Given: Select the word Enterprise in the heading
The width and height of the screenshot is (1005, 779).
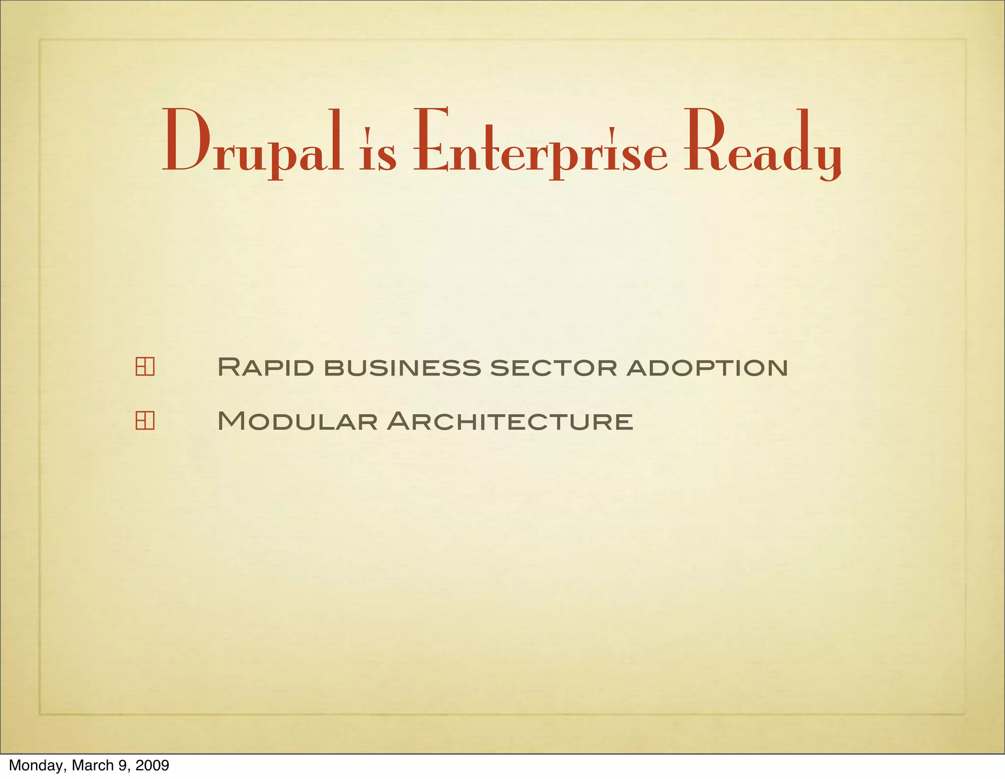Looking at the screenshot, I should pyautogui.click(x=540, y=142).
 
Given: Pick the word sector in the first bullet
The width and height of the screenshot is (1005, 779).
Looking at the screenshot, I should pyautogui.click(x=554, y=368).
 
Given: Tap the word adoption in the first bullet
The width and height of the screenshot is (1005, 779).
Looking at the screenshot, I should pyautogui.click(x=707, y=368).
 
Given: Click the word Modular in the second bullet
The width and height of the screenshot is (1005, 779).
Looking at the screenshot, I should pyautogui.click(x=297, y=421).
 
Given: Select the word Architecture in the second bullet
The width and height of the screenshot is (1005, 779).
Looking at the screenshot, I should pyautogui.click(x=510, y=421).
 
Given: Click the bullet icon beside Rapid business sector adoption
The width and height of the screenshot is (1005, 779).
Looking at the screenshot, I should pyautogui.click(x=145, y=367).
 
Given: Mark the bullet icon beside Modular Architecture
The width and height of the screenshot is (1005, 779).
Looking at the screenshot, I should pyautogui.click(x=145, y=421).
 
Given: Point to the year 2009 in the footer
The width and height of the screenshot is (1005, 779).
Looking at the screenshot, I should pyautogui.click(x=152, y=765).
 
